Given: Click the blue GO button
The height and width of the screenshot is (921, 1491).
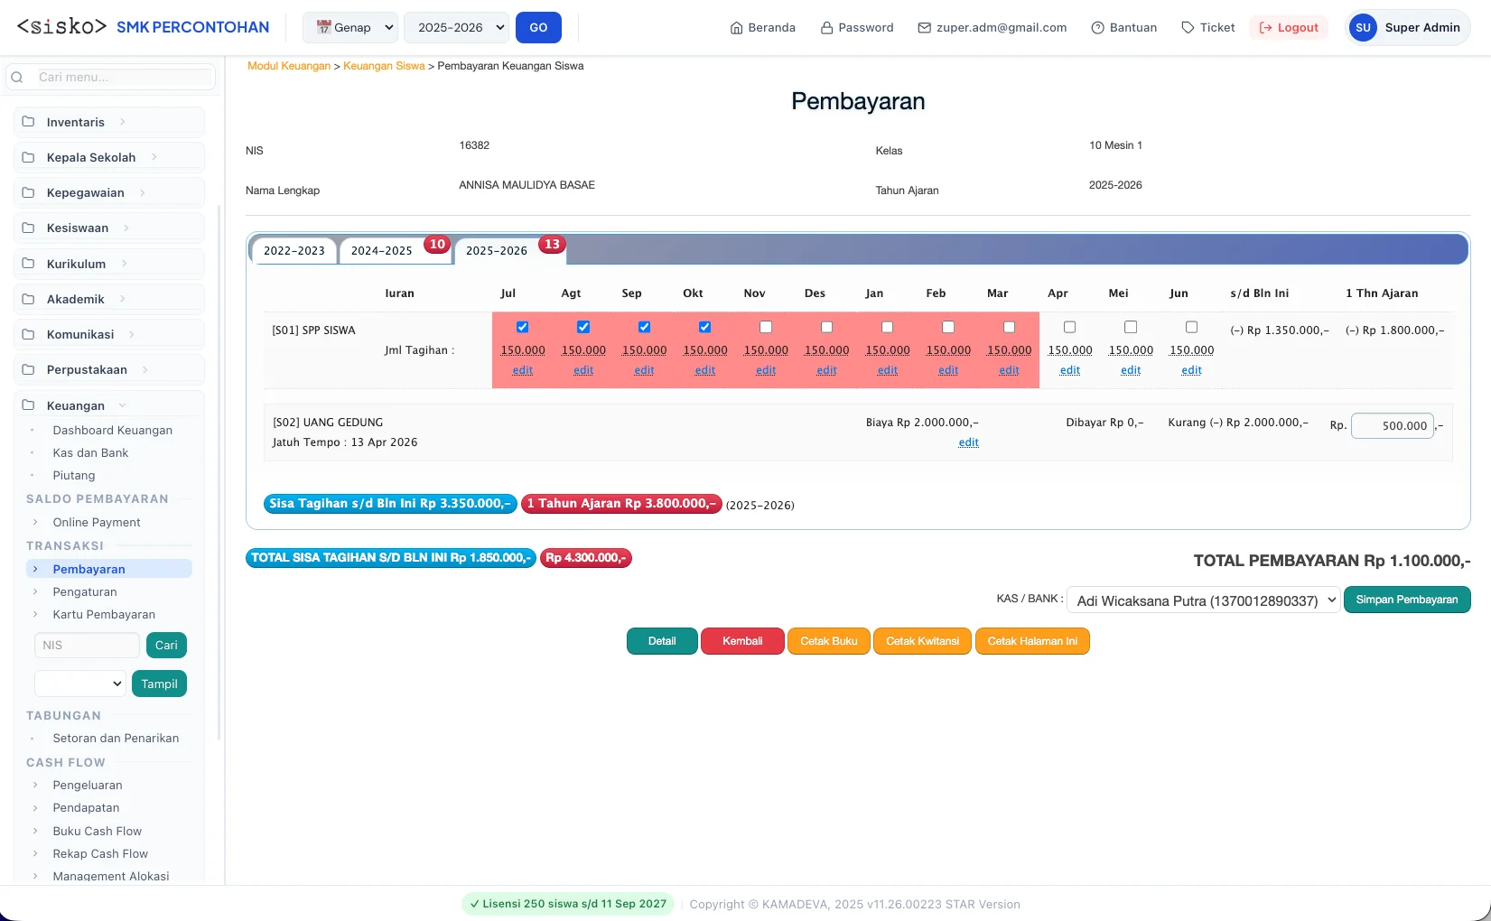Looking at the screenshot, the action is pos(538,27).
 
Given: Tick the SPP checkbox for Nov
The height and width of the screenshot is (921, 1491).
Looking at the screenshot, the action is pos(766,327).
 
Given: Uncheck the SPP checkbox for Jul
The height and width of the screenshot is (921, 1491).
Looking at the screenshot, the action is pos(522,327).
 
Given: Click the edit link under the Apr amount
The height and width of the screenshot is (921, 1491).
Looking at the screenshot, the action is pos(1069,370).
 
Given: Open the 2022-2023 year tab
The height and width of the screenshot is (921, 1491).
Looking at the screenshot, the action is pos(294,250).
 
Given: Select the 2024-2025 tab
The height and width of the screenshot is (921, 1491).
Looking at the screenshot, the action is pos(381,250).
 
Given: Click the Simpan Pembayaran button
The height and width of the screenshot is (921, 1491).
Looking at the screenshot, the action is pos(1406,600).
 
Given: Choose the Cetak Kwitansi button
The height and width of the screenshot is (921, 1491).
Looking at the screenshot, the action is pos(922,641).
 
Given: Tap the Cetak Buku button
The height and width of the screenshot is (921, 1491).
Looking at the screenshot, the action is pos(828,641).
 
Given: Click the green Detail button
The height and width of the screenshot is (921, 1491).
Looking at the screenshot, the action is pos(662,641).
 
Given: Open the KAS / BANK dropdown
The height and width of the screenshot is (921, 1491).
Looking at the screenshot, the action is pos(1203,600).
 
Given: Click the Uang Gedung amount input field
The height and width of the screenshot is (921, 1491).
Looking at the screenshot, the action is pos(1392,426).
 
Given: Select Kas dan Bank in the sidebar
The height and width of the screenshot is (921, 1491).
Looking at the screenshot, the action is pos(90,452).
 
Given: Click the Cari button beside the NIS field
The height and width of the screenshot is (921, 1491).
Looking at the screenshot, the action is pos(166,645).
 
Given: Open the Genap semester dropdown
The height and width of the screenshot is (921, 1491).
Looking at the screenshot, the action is pos(350,27).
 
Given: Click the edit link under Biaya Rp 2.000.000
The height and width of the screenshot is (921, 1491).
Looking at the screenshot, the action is pos(968,442).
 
